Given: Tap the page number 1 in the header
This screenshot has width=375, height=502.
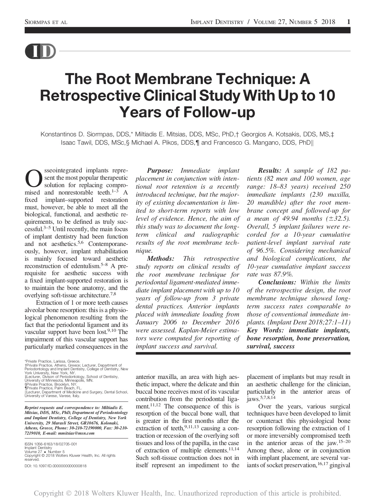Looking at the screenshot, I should point(348,22).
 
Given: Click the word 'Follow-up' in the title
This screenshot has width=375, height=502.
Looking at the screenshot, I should point(219,112).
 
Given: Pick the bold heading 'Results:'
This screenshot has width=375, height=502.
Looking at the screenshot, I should point(270,171).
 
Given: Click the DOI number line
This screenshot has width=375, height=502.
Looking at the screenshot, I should point(55,466).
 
